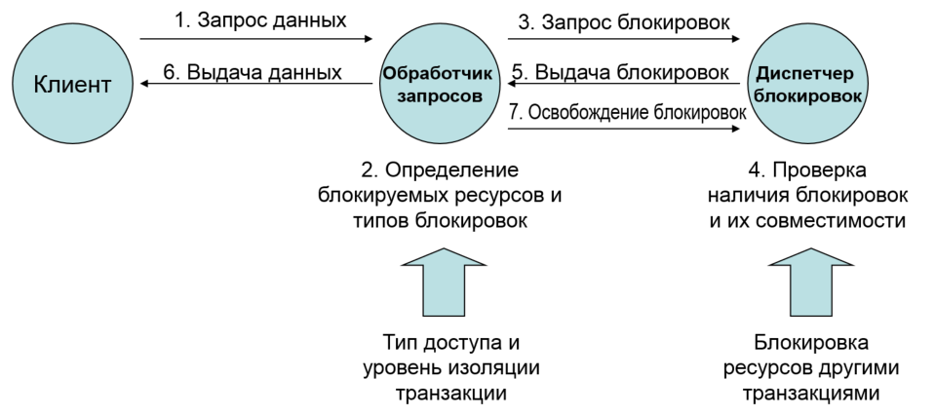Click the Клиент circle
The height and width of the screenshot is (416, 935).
[x=72, y=85]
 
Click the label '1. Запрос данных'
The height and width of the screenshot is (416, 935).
[x=258, y=19]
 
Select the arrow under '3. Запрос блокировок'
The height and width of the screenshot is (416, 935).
[x=624, y=40]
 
